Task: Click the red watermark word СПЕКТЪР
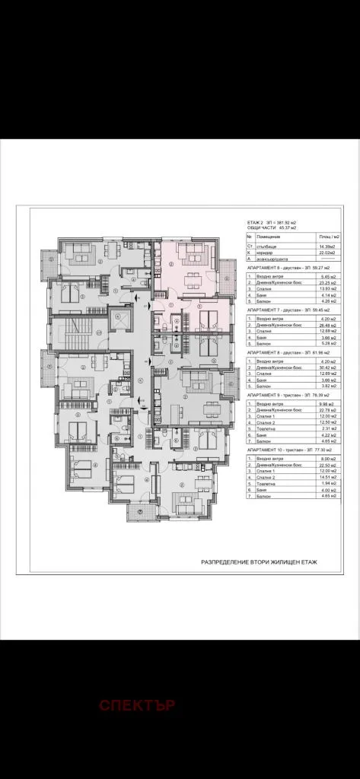(137, 705)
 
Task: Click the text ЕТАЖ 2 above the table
(255, 218)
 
